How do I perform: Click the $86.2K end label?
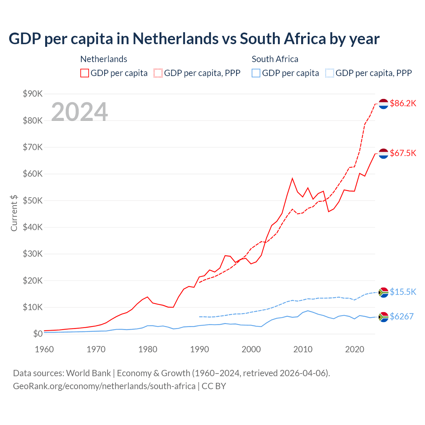click(x=403, y=103)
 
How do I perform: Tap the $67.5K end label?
click(x=403, y=153)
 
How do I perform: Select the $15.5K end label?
click(x=403, y=292)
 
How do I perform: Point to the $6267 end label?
click(x=401, y=316)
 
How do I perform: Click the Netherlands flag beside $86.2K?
click(x=383, y=104)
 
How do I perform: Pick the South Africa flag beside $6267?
click(x=383, y=317)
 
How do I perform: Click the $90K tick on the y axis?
click(x=33, y=94)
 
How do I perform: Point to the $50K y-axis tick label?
click(x=33, y=201)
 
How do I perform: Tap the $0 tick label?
click(x=38, y=334)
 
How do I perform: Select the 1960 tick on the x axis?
click(x=44, y=349)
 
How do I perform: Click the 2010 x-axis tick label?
click(x=303, y=349)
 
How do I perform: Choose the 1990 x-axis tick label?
click(x=200, y=349)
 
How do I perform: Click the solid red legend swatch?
click(x=85, y=73)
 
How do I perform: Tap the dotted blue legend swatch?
click(x=330, y=73)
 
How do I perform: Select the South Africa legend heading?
click(x=275, y=59)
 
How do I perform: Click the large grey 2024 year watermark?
click(x=80, y=112)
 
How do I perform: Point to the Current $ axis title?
click(x=14, y=213)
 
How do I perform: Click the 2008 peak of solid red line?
click(x=292, y=178)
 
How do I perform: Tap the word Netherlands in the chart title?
click(x=176, y=39)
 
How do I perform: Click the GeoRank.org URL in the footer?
click(x=104, y=386)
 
